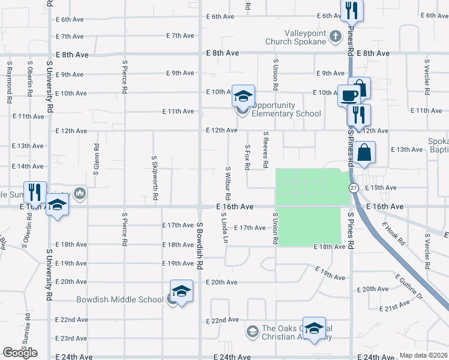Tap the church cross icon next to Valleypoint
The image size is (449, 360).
coord(336,36)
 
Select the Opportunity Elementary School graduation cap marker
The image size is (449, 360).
coord(244,96)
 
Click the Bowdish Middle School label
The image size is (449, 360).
coord(119,299)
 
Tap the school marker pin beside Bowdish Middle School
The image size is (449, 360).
coord(181,292)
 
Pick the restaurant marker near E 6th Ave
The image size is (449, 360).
coord(351,10)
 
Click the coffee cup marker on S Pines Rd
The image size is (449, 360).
coord(349,94)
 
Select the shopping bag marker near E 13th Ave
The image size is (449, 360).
coord(364,154)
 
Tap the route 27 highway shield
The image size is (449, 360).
coord(354,187)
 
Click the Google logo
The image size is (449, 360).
coord(20,352)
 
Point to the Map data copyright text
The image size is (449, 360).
coord(423,355)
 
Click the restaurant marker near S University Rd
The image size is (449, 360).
coord(34,192)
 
